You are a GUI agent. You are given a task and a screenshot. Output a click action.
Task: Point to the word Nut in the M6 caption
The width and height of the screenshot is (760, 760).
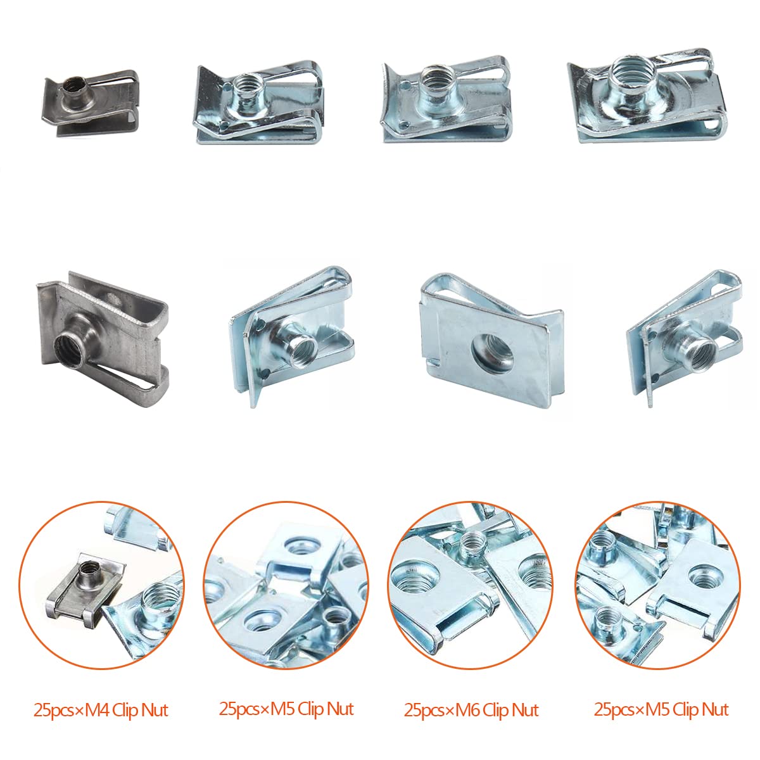(525, 711)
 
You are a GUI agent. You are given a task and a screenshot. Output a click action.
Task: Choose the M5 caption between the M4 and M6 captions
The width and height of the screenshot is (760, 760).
(286, 709)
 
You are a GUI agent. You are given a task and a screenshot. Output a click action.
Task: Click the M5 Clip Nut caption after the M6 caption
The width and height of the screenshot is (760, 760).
(661, 709)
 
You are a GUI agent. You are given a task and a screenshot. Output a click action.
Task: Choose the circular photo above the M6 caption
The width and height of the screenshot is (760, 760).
(470, 585)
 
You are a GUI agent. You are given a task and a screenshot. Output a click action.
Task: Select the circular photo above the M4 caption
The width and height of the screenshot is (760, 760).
(101, 585)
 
